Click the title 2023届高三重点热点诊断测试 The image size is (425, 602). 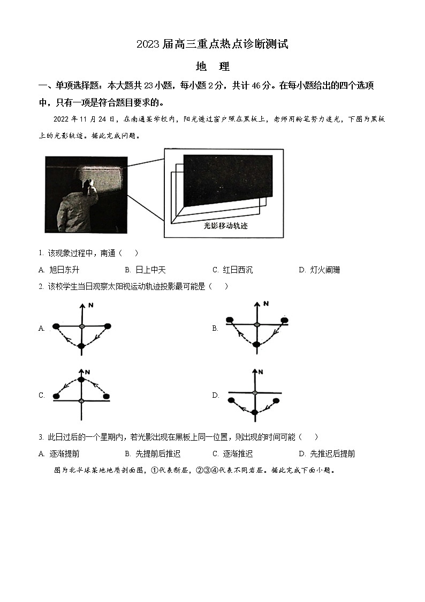click(x=212, y=44)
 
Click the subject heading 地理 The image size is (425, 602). click(x=212, y=67)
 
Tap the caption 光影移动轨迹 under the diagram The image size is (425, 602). click(x=226, y=226)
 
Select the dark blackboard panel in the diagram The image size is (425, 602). click(x=227, y=179)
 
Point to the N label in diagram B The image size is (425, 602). click(x=265, y=304)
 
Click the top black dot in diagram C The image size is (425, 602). click(x=81, y=380)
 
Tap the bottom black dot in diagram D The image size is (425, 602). click(x=255, y=412)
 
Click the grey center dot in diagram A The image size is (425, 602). click(x=81, y=326)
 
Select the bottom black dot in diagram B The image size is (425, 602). click(x=256, y=344)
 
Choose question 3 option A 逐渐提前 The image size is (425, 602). click(x=59, y=454)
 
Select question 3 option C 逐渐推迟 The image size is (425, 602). click(x=232, y=454)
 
